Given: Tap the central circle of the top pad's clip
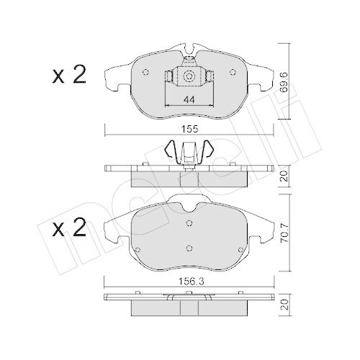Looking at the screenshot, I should tap(188, 77).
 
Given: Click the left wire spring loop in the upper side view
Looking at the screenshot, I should tap(171, 150).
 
